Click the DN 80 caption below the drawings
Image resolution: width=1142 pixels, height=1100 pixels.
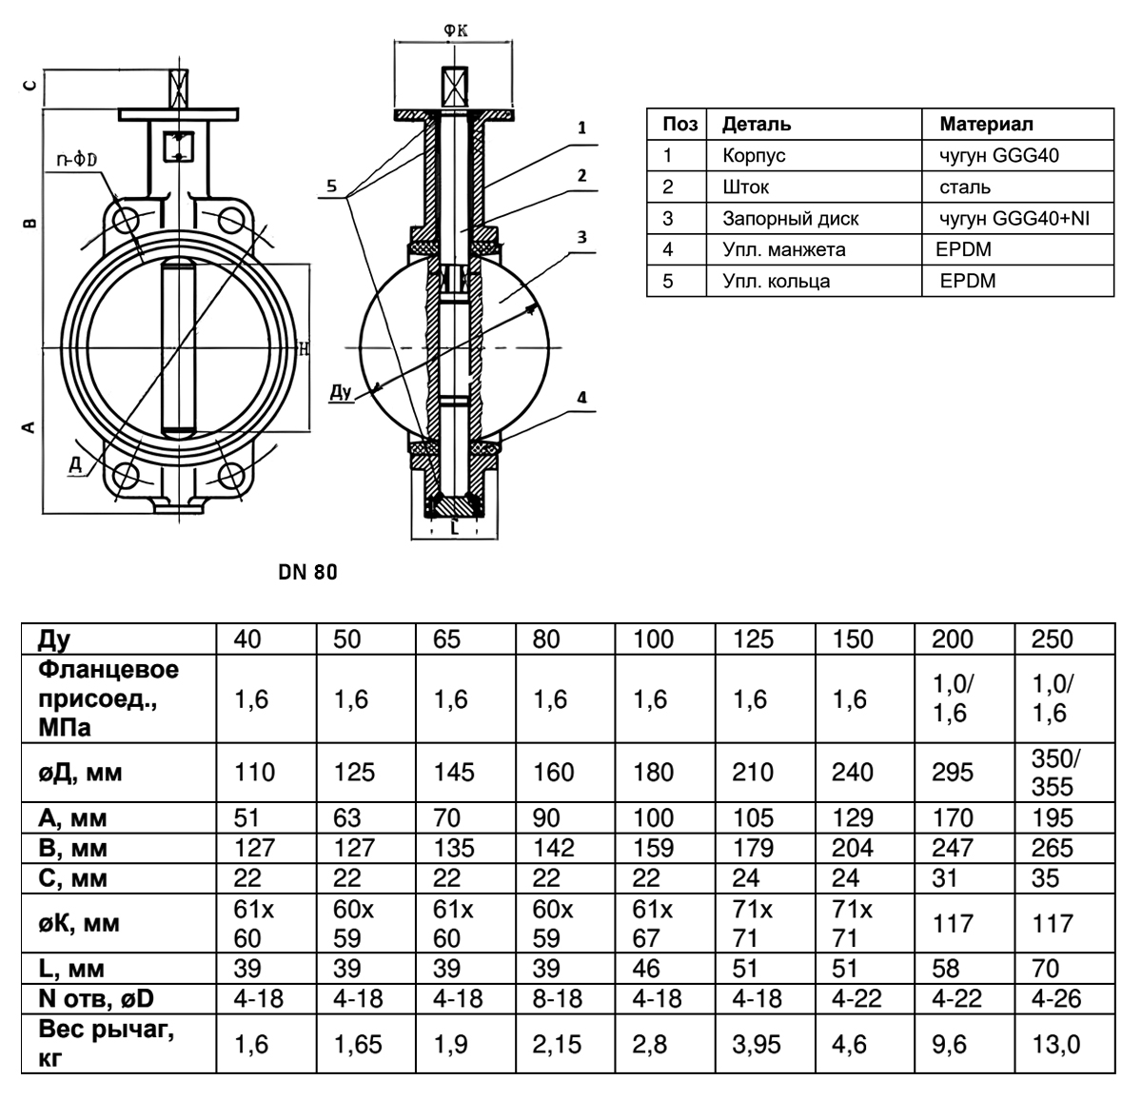click(307, 572)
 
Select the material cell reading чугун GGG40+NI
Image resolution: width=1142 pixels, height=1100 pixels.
click(1014, 218)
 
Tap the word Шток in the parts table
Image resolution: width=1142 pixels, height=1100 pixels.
click(745, 187)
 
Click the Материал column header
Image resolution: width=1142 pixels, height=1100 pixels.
click(987, 124)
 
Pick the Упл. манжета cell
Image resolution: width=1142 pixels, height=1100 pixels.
click(784, 250)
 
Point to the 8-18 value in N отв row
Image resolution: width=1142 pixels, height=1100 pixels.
click(557, 998)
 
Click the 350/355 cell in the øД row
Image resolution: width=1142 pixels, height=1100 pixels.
click(1054, 773)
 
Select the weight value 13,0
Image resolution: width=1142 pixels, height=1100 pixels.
click(1055, 1044)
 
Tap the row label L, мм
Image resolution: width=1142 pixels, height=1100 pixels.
click(71, 969)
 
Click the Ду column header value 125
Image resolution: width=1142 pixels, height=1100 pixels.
click(753, 638)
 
